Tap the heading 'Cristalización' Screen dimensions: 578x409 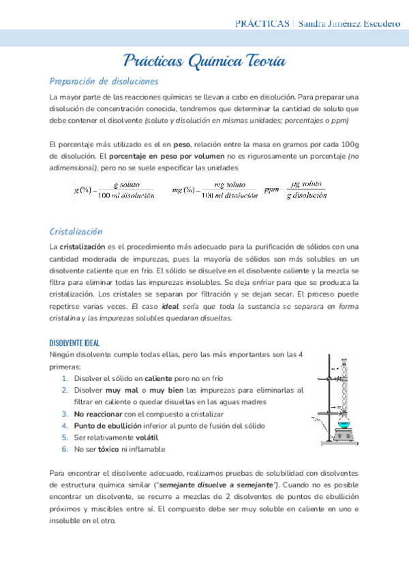(76, 231)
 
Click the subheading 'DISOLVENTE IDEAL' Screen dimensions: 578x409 (75, 342)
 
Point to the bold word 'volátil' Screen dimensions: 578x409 (148, 437)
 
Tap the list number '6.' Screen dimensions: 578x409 (65, 449)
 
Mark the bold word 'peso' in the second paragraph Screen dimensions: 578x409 (181, 144)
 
